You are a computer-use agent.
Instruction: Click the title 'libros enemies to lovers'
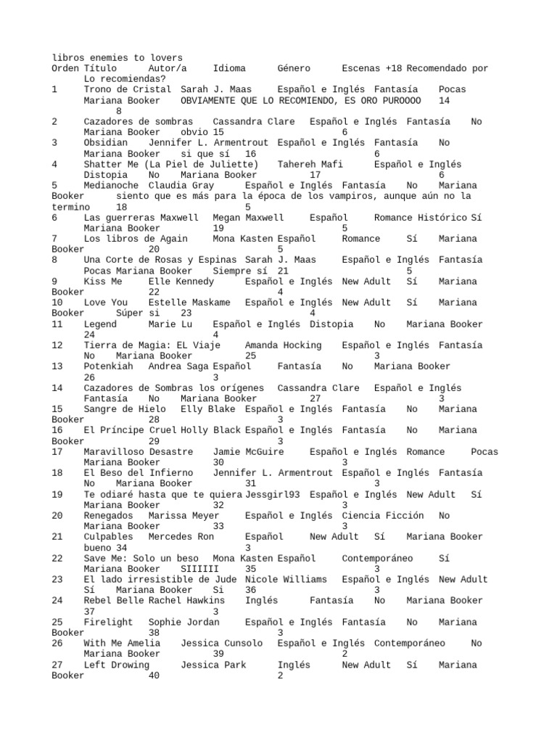(117, 57)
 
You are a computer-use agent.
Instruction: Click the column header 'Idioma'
(229, 68)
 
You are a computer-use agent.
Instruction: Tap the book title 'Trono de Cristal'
(127, 89)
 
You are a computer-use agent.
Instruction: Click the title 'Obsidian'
(105, 143)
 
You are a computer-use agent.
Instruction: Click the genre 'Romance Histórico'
(421, 217)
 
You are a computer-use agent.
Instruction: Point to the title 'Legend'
(100, 324)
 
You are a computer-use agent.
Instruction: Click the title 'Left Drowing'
(116, 665)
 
